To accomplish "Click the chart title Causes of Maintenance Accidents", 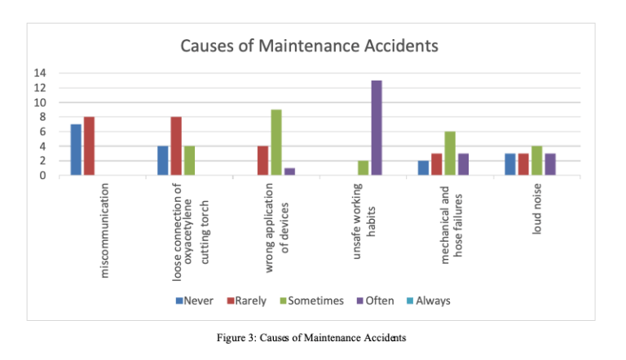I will tap(309, 46).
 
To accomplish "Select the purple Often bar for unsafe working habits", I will tap(377, 128).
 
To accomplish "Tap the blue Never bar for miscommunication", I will tap(76, 150).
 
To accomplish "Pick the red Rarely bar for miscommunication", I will tap(89, 146).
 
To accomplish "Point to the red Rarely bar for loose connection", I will tap(176, 146).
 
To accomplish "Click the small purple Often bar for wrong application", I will tap(289, 172).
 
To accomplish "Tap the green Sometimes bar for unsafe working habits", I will tap(364, 168).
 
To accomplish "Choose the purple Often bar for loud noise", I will tap(550, 165).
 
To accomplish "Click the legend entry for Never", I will tap(195, 301).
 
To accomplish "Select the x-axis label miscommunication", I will tap(104, 230).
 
